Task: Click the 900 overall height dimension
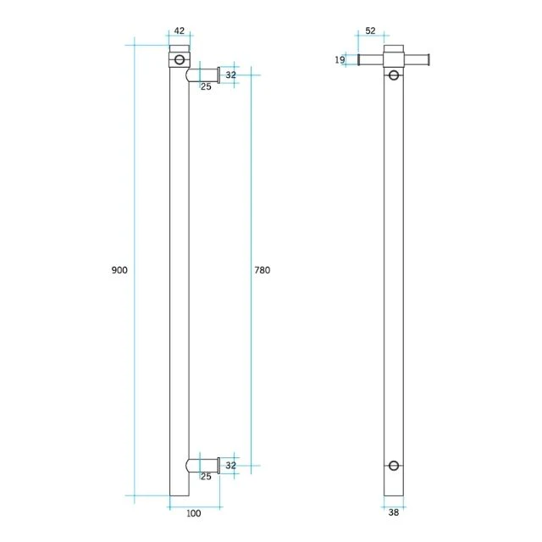pos(119,269)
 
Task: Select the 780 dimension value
pos(262,269)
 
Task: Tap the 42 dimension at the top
pos(179,31)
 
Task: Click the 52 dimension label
pos(370,31)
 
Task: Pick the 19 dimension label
pos(340,59)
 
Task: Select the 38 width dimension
pos(394,512)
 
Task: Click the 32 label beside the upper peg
pos(230,75)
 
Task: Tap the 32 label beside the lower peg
pos(230,465)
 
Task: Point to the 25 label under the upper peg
pos(206,87)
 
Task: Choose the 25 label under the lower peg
pos(206,477)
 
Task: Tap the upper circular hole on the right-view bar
pos(394,75)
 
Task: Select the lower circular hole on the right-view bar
pos(394,465)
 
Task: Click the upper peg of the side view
pos(204,75)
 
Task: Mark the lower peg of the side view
pos(204,465)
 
